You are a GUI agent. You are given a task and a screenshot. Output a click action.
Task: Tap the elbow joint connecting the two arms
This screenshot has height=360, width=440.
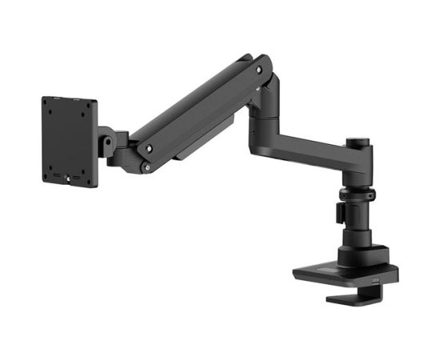265,104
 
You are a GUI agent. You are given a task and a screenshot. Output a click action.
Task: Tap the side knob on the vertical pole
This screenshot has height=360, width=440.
339,213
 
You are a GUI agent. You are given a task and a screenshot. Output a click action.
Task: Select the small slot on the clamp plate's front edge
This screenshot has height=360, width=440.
376,282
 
